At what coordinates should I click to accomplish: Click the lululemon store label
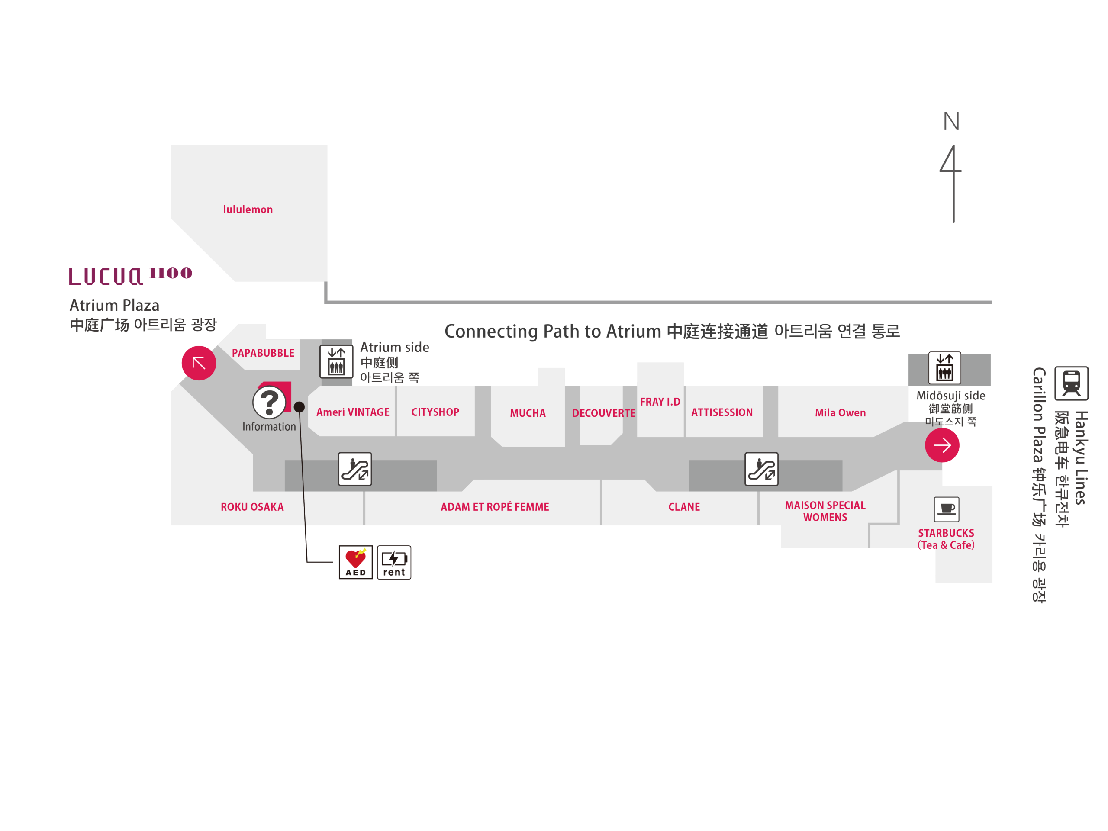(x=248, y=209)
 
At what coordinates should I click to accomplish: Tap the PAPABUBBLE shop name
(x=263, y=353)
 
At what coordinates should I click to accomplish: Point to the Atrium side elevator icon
(x=336, y=361)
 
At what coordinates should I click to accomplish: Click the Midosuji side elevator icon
(x=945, y=367)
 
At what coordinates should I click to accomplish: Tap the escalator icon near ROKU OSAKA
(x=354, y=469)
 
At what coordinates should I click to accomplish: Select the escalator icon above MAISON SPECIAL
(x=761, y=469)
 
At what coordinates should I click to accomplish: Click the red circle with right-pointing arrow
(x=942, y=445)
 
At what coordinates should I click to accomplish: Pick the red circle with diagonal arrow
(x=199, y=363)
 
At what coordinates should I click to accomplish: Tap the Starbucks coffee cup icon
(x=947, y=509)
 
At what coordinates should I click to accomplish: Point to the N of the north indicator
(x=952, y=121)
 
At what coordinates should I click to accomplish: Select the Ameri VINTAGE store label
(x=353, y=412)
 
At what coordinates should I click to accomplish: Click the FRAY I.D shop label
(x=660, y=402)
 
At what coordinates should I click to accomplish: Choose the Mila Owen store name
(x=840, y=413)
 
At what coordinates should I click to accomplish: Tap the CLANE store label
(x=684, y=507)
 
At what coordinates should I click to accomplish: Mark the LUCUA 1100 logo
(x=130, y=276)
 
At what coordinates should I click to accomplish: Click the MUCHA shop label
(x=528, y=413)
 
